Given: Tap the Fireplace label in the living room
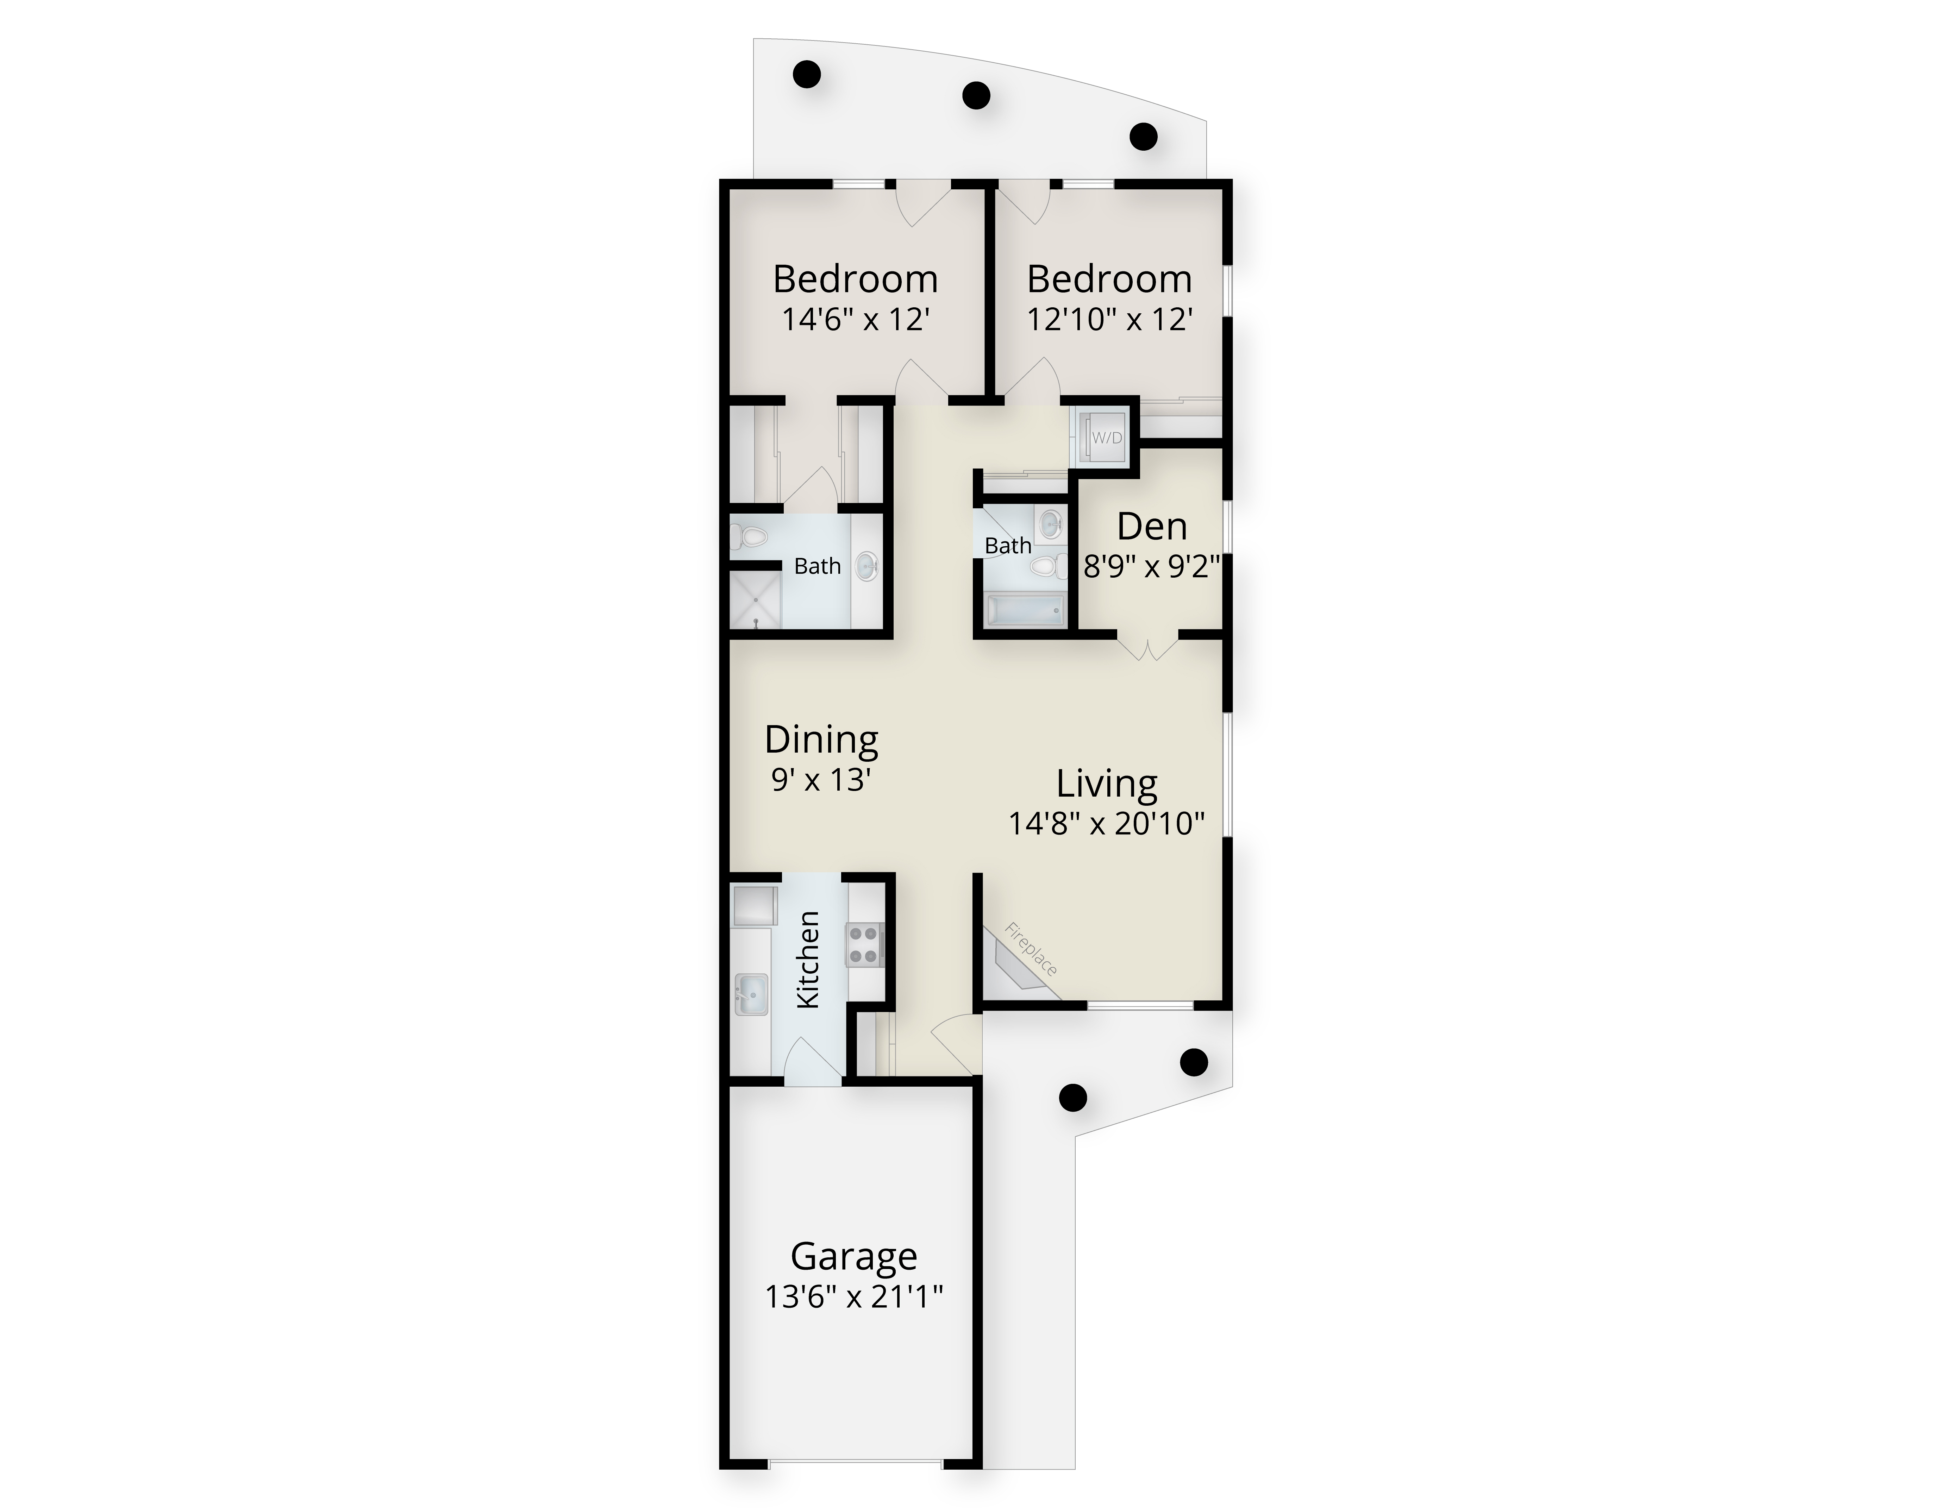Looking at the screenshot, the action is [x=1031, y=949].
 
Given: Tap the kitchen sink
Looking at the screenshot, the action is [x=751, y=994].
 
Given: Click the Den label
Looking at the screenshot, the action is [x=1152, y=527].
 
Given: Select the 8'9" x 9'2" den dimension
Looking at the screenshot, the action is [x=1152, y=566].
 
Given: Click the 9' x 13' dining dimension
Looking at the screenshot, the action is [x=821, y=780].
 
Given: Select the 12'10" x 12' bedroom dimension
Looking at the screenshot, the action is [x=1110, y=319].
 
